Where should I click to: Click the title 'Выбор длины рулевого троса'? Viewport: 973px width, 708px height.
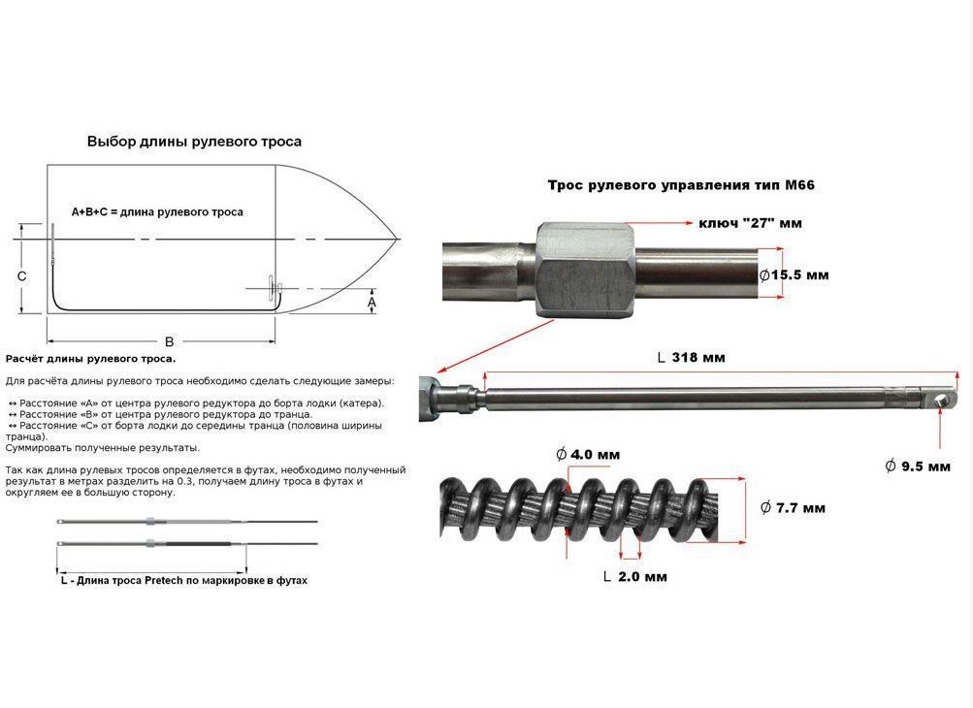click(x=194, y=142)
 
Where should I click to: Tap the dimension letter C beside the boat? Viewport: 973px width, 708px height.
click(x=21, y=276)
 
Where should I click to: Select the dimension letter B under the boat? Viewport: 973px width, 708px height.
click(x=169, y=341)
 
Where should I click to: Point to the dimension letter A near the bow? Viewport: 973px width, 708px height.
click(x=372, y=303)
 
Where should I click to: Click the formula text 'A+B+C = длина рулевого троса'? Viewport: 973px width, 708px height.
click(x=157, y=212)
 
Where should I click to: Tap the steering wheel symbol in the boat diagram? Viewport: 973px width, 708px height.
click(x=273, y=288)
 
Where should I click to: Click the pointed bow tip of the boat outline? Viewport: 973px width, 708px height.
click(x=398, y=239)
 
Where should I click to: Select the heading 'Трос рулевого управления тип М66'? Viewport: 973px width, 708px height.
click(x=681, y=185)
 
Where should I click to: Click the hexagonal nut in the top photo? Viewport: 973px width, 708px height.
click(x=585, y=270)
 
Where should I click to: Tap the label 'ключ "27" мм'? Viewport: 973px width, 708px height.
click(x=750, y=223)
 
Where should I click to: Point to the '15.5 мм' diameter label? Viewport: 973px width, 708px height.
click(x=794, y=274)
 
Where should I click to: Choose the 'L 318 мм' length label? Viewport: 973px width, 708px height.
click(x=691, y=358)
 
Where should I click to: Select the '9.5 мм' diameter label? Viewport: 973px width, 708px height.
click(x=918, y=466)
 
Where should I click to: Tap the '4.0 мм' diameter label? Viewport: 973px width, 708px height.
click(x=588, y=455)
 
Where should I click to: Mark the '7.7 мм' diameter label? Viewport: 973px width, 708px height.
click(x=793, y=508)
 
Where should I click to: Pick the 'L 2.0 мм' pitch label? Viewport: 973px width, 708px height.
click(x=635, y=576)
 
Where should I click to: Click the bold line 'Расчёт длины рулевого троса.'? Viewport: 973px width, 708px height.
click(x=90, y=359)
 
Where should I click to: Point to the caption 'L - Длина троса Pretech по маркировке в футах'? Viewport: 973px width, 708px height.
click(x=184, y=581)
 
